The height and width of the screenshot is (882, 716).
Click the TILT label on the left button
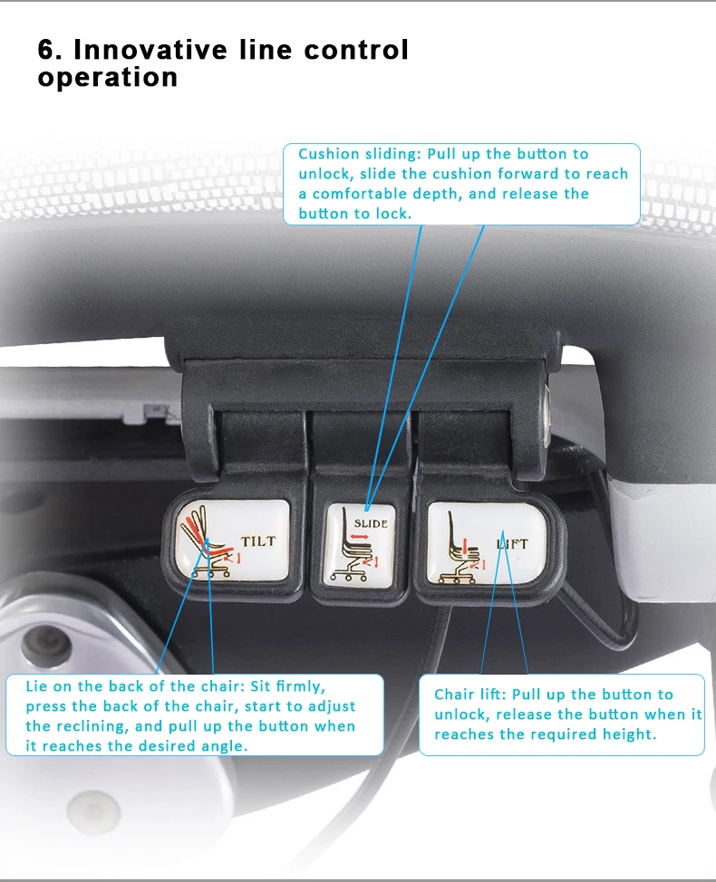[x=258, y=542]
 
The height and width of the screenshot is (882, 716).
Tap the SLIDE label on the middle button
[x=371, y=523]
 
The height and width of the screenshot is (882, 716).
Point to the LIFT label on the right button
[x=512, y=544]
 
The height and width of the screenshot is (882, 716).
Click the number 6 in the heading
[x=47, y=50]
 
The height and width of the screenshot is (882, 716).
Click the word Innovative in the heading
[x=150, y=50]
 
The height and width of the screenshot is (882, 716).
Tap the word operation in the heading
[x=108, y=78]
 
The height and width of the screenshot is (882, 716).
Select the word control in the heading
[x=356, y=50]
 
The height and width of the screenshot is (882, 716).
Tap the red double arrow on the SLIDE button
[x=359, y=537]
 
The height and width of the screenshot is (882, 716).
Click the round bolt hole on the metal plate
[x=39, y=642]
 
